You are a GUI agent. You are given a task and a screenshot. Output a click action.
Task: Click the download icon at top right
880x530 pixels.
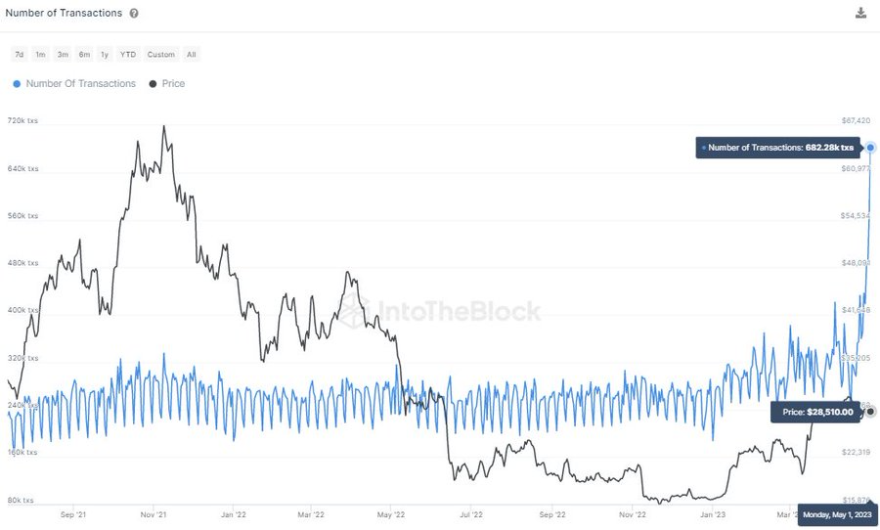[860, 13]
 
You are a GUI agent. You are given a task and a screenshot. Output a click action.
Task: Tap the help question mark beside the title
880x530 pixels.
[134, 14]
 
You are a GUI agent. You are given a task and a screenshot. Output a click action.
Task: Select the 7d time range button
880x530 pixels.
[20, 55]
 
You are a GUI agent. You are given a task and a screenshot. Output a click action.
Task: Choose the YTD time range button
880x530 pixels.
[128, 55]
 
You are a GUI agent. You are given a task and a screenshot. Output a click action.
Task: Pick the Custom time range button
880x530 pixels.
[161, 55]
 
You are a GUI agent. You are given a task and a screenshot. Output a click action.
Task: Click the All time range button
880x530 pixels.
[192, 55]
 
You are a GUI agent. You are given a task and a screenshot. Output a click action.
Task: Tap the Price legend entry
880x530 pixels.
[167, 84]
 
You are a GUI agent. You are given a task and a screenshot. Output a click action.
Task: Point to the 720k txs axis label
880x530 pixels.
[22, 121]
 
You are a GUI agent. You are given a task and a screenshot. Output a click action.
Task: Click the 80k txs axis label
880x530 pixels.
[22, 501]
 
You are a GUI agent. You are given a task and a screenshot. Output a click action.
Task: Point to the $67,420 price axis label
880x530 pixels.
[856, 121]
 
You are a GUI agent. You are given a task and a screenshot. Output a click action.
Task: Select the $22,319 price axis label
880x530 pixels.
[856, 453]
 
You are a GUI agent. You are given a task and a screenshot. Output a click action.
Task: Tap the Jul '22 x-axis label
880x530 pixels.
[472, 513]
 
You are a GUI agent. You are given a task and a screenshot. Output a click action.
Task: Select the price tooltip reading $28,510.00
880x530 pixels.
[817, 412]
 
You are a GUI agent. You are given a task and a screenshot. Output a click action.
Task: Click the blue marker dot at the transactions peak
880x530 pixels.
[870, 148]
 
